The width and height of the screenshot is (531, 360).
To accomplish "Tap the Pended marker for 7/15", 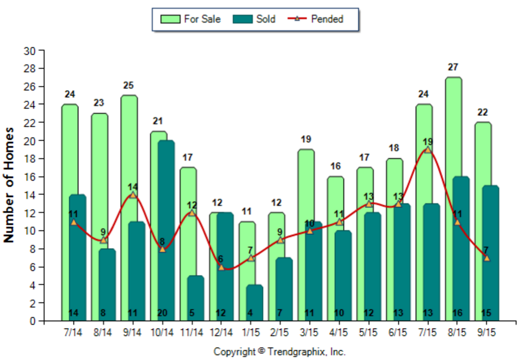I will (x=428, y=150).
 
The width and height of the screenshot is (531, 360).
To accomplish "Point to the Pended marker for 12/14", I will (x=221, y=267).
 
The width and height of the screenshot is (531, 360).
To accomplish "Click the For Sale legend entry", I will (x=191, y=19).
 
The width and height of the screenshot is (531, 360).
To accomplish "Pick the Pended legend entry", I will (x=320, y=19).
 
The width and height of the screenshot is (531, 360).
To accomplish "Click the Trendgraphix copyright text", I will (x=279, y=351).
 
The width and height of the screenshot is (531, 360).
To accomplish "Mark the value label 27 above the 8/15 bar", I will (x=453, y=67).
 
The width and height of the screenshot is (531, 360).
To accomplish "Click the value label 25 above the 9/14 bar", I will (x=128, y=85).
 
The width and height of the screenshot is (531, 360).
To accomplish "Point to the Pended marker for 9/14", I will (x=133, y=195).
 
